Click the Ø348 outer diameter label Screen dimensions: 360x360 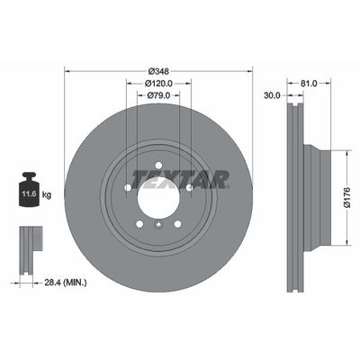pos(159,70)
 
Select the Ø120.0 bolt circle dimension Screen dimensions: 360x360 pos(159,83)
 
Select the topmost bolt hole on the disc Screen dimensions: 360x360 pos(159,165)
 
